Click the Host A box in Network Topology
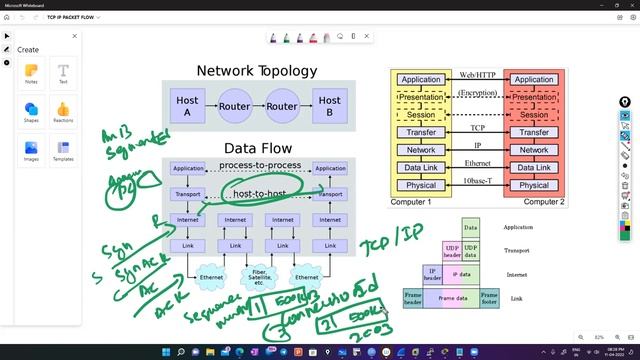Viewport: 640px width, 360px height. pos(187,107)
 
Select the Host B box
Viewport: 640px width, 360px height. pos(329,107)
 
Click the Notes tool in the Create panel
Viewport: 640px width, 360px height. pos(32,76)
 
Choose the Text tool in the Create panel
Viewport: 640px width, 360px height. pos(63,76)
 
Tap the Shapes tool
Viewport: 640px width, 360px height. pos(32,113)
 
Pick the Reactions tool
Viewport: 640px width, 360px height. pos(63,113)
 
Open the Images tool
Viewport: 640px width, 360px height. pos(32,150)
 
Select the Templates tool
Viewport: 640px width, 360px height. pos(63,150)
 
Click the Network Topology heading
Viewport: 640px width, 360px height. pos(256,71)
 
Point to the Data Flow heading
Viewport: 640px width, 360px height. pos(257,147)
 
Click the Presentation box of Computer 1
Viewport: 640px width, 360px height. pos(421,97)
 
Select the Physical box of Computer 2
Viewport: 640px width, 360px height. pos(534,185)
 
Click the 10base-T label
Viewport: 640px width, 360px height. pos(477,181)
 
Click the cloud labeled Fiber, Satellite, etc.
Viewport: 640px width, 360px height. pos(258,278)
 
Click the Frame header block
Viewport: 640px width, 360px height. pos(412,297)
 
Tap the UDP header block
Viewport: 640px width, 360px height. pos(452,249)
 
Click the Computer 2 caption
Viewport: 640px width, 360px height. pos(543,201)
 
